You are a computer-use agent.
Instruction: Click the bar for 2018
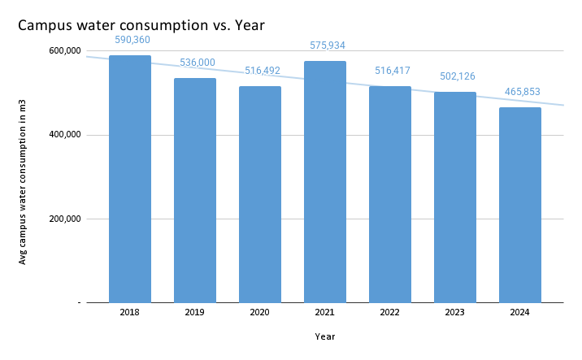pyautogui.click(x=130, y=179)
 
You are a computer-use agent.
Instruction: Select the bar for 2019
pyautogui.click(x=195, y=190)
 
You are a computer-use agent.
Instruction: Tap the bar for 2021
pyautogui.click(x=325, y=182)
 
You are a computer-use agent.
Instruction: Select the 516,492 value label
pyautogui.click(x=260, y=71)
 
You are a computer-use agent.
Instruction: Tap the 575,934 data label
pyautogui.click(x=325, y=45)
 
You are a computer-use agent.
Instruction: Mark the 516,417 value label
pyautogui.click(x=390, y=71)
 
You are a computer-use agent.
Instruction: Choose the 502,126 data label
pyautogui.click(x=455, y=76)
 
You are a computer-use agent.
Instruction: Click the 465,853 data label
pyautogui.click(x=520, y=92)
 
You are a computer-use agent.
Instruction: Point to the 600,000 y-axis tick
pyautogui.click(x=66, y=50)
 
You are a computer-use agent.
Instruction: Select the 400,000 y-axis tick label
pyautogui.click(x=66, y=135)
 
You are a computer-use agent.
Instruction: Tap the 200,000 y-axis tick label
pyautogui.click(x=66, y=219)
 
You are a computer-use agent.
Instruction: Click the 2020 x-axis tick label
pyautogui.click(x=260, y=312)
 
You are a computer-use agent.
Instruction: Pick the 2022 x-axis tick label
pyautogui.click(x=390, y=312)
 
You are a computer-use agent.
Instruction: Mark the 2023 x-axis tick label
pyautogui.click(x=455, y=312)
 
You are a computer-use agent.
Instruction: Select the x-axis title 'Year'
pyautogui.click(x=325, y=336)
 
